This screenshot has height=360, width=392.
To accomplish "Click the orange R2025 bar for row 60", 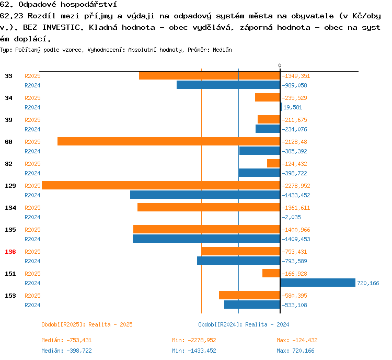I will click(x=168, y=141).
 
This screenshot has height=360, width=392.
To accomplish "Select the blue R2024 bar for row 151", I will click(x=318, y=283).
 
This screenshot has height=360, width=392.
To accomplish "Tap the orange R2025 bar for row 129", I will click(x=160, y=185).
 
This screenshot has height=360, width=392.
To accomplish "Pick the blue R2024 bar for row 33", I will click(x=228, y=85).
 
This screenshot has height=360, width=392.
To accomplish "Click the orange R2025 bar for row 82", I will click(x=273, y=163).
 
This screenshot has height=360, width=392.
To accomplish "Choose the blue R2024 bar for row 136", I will click(x=238, y=261).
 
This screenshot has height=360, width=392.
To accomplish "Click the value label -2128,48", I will click(x=295, y=142).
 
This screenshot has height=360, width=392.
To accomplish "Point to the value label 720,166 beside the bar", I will click(x=368, y=283).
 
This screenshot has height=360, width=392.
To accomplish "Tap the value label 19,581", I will click(x=293, y=107).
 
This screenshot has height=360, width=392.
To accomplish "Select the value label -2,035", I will click(x=292, y=217).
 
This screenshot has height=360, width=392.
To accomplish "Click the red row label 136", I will click(x=10, y=252).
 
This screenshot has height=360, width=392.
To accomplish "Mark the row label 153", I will click(x=10, y=296).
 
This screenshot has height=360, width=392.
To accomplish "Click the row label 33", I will click(x=9, y=76).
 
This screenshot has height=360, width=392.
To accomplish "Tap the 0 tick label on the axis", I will click(x=280, y=65).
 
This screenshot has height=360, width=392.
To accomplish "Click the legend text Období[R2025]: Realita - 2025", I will click(x=87, y=324).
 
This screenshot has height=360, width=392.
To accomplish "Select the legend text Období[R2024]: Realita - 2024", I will click(x=244, y=324).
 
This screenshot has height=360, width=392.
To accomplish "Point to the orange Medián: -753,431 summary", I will click(x=66, y=340).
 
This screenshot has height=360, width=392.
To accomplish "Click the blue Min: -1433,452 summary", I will click(x=194, y=351).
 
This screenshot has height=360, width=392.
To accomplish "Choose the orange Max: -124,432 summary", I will click(x=297, y=340).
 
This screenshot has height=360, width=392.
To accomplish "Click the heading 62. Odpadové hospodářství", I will click(x=58, y=5).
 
